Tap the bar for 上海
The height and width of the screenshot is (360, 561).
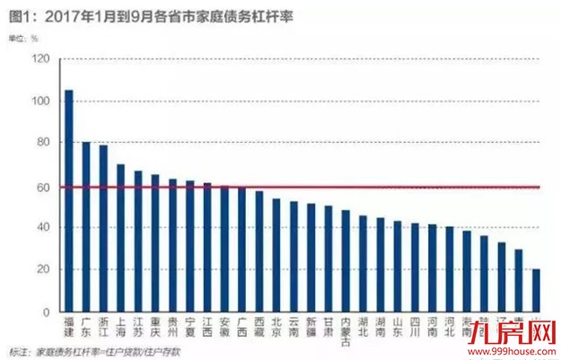pyautogui.click(x=120, y=238)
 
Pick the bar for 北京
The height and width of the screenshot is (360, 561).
pyautogui.click(x=276, y=256)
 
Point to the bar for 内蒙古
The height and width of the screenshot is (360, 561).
pyautogui.click(x=346, y=261)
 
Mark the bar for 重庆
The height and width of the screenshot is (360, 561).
pyautogui.click(x=155, y=243)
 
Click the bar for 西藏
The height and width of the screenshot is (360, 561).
pyautogui.click(x=259, y=251)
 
